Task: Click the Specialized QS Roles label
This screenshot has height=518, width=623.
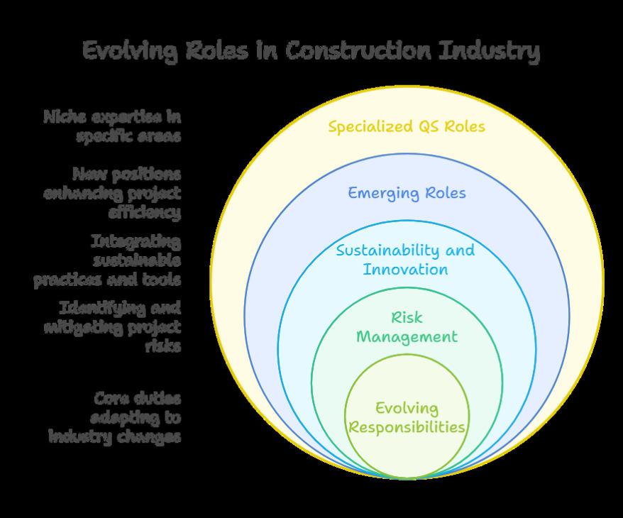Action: click(407, 126)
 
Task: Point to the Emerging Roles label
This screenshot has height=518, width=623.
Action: click(407, 192)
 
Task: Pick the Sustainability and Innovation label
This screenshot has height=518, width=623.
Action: click(405, 260)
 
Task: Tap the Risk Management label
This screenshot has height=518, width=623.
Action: click(407, 327)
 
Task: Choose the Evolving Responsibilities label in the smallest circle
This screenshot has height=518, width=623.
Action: click(407, 417)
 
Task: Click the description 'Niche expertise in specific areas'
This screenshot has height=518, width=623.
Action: click(112, 126)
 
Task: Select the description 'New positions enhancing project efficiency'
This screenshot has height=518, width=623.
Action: click(112, 192)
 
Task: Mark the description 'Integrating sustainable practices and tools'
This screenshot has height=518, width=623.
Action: click(108, 260)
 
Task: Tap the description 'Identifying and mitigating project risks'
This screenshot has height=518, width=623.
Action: click(112, 326)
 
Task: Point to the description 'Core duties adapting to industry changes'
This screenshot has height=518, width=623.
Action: click(115, 417)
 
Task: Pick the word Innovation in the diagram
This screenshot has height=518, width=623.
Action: click(406, 270)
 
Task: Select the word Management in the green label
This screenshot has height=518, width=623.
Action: click(407, 336)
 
